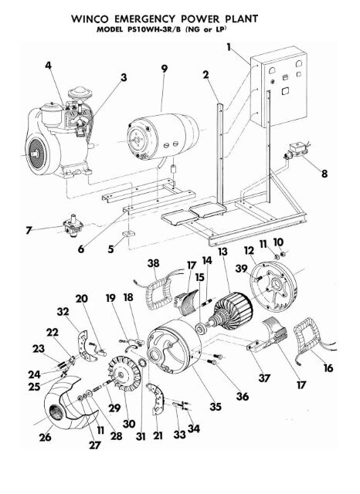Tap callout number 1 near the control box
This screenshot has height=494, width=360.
point(229,47)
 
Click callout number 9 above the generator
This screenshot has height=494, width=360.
point(163,68)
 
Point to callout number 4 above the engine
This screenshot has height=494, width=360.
point(50,68)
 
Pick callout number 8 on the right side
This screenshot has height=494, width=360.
point(324,174)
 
